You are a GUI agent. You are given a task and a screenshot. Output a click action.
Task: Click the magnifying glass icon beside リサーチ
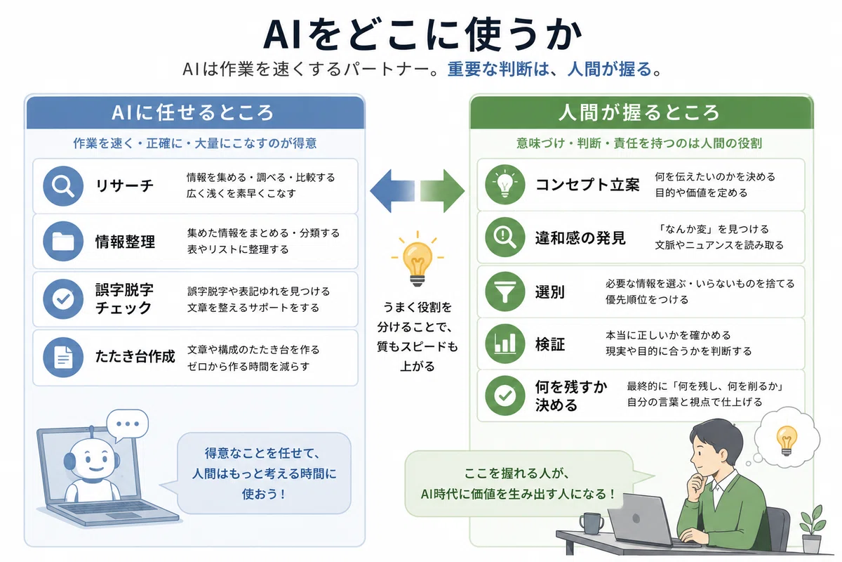pos(62,186)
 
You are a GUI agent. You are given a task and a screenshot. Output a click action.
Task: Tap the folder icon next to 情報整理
pos(62,241)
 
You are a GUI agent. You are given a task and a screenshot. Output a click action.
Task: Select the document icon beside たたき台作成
pos(62,357)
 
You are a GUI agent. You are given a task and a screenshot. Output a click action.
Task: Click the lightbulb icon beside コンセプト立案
pos(504,185)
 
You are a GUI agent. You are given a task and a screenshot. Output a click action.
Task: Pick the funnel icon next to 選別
pos(504,292)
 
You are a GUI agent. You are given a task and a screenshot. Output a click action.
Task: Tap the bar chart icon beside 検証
pos(504,344)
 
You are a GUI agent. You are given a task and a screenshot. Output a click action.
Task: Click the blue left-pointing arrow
pos(392,191)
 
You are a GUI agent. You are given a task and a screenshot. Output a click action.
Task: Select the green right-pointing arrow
pos(443,191)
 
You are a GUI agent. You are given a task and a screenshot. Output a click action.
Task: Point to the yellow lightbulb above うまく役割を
pos(417,260)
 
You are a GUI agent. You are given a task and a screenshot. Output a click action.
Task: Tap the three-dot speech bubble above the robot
pos(128,425)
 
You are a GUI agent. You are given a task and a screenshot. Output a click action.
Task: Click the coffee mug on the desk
pos(592,523)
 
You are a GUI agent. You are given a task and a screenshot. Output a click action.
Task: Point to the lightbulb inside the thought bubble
pos(787,440)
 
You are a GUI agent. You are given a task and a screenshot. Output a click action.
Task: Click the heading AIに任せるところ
pos(192,112)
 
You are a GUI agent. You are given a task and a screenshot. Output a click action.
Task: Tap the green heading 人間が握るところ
pos(639,112)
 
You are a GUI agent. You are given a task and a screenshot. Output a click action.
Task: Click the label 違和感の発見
pos(580,238)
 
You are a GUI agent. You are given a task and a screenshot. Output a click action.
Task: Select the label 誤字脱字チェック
pos(124,299)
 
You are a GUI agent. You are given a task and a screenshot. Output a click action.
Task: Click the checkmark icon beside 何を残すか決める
pos(504,396)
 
